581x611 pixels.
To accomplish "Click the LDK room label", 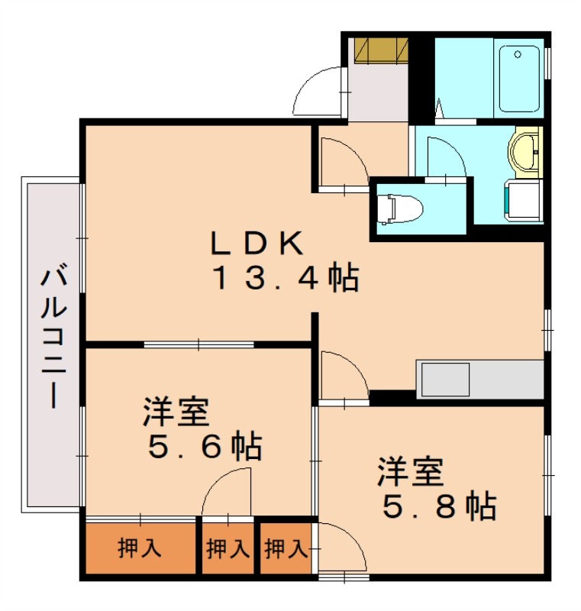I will (257, 243).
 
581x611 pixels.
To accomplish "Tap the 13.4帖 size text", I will (284, 278).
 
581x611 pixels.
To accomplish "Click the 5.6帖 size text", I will (204, 445).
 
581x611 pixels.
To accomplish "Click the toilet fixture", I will (399, 208).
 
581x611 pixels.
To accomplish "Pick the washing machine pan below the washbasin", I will (522, 201).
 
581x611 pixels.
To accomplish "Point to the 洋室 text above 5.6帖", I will (176, 413).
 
